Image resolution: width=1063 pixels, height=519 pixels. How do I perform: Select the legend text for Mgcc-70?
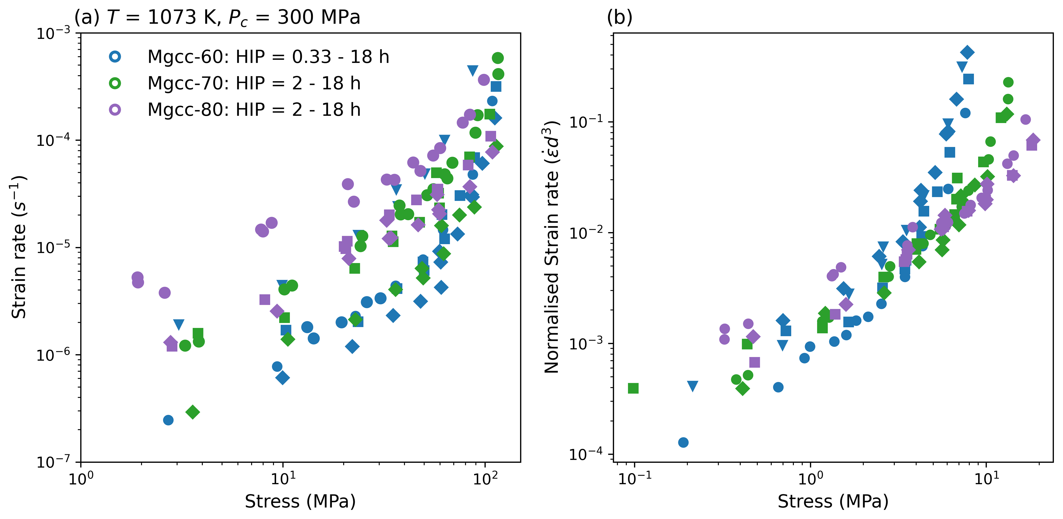[x=254, y=83]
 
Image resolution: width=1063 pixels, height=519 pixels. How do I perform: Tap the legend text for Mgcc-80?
[x=254, y=110]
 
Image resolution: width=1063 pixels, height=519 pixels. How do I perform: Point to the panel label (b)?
[x=619, y=17]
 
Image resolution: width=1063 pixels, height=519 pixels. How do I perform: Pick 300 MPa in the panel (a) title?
[x=319, y=17]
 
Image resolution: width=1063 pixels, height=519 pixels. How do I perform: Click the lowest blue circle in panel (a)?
[x=168, y=420]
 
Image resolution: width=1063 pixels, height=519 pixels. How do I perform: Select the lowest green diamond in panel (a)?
[x=193, y=412]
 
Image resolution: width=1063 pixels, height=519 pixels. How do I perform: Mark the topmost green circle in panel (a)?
[x=498, y=58]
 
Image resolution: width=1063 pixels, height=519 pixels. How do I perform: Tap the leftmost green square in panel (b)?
[x=633, y=388]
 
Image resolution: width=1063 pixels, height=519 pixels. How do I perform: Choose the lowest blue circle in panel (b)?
[x=683, y=442]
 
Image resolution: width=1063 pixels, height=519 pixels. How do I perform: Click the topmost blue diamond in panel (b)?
[x=967, y=52]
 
